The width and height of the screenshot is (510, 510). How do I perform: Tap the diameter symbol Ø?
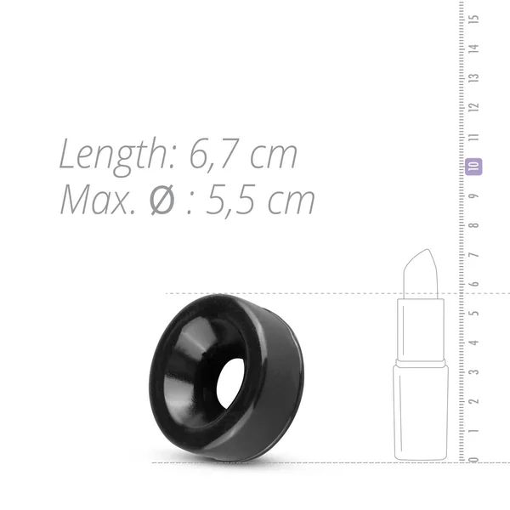click(x=162, y=201)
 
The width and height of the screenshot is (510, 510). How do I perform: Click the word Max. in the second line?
click(x=98, y=200)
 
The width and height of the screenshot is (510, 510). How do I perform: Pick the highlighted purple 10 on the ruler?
click(x=473, y=167)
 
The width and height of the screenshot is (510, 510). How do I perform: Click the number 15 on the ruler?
click(x=474, y=19)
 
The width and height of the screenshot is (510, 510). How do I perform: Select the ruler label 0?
click(x=474, y=460)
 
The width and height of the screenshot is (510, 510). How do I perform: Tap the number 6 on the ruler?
click(x=474, y=284)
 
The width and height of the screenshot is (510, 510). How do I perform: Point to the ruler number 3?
click(x=474, y=371)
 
